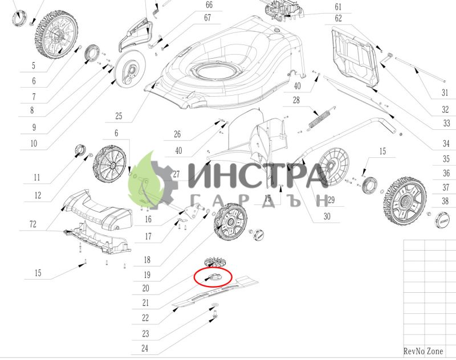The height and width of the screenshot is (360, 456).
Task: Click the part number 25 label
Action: click(x=119, y=116)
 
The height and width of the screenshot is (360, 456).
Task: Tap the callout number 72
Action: click(x=33, y=224)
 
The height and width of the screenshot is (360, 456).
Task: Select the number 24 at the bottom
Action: click(x=145, y=348)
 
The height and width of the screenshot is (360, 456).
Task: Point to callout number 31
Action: click(x=445, y=93)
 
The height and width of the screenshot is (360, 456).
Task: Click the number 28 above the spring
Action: click(x=296, y=100)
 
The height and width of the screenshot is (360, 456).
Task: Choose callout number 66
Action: click(x=209, y=5)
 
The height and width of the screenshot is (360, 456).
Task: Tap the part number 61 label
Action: click(x=338, y=7)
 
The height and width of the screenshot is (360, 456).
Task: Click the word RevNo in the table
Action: click(x=414, y=351)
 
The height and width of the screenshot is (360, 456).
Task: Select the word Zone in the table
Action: click(x=435, y=351)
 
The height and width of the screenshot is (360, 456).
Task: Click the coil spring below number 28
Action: click(x=319, y=118)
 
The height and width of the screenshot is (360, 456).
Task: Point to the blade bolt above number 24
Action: click(x=215, y=314)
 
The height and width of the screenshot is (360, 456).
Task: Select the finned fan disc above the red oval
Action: click(x=214, y=262)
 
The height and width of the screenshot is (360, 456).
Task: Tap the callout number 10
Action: click(x=34, y=143)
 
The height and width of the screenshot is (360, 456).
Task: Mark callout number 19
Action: click(x=147, y=275)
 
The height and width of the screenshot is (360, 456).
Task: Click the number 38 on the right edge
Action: click(x=445, y=201)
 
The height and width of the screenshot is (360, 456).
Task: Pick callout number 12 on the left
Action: click(x=38, y=195)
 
